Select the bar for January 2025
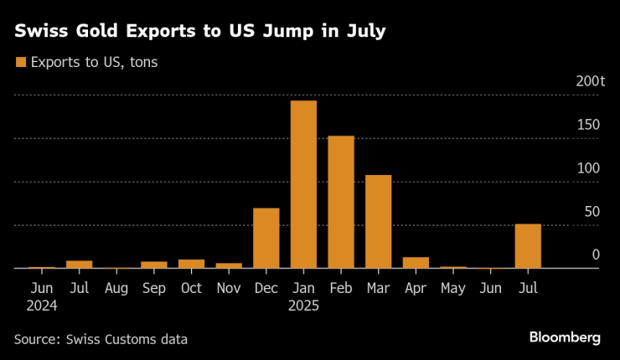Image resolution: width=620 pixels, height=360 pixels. (x=303, y=184)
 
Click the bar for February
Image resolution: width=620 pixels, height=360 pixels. (x=340, y=202)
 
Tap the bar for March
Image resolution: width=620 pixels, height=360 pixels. (x=378, y=222)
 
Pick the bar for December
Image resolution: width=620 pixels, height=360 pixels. (x=266, y=238)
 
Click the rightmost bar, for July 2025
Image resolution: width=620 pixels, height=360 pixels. (x=528, y=246)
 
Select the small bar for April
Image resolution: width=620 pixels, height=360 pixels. (x=416, y=263)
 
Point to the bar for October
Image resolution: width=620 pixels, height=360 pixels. (x=191, y=264)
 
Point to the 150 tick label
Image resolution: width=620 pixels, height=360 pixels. (x=588, y=125)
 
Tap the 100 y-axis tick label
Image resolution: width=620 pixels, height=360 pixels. (x=588, y=168)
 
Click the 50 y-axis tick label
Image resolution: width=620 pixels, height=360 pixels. (x=592, y=212)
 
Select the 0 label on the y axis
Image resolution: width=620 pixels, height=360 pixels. (x=596, y=255)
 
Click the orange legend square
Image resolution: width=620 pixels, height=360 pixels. (x=19, y=62)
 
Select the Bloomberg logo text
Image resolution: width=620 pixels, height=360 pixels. (x=565, y=337)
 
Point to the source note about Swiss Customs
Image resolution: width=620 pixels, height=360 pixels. (x=101, y=339)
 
